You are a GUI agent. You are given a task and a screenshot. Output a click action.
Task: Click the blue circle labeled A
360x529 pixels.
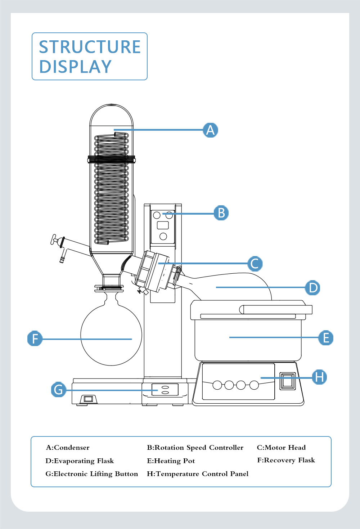[210, 130]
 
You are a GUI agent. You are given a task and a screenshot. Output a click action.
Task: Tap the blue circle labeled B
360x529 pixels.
[221, 213]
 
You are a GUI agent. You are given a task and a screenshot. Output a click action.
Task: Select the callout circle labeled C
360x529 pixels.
[255, 264]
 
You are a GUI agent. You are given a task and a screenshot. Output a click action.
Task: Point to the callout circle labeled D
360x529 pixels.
[312, 288]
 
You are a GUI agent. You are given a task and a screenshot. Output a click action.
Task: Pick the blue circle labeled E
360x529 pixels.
[326, 338]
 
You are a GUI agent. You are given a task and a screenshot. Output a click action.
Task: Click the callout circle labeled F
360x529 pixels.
[35, 339]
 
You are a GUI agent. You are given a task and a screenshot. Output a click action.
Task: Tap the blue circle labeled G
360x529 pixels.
[58, 390]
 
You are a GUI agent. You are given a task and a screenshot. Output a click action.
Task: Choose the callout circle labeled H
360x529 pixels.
[319, 377]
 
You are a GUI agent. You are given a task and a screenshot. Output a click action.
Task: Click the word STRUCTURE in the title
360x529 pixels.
[90, 47]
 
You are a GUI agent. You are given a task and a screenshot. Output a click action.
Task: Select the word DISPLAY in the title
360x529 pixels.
[75, 67]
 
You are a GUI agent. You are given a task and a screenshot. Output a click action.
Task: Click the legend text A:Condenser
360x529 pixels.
[68, 448]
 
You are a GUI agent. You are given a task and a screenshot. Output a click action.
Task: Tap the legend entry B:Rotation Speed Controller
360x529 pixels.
[195, 448]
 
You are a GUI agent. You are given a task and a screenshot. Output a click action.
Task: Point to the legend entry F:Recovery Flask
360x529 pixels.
[286, 460]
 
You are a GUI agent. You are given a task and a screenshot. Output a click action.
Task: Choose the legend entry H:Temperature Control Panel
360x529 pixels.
[198, 474]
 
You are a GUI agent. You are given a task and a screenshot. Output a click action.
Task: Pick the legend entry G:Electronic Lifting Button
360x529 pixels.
[91, 474]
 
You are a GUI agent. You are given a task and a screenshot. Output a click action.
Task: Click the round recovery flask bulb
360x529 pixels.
[111, 335]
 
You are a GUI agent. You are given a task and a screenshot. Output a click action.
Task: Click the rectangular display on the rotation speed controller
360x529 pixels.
[163, 225]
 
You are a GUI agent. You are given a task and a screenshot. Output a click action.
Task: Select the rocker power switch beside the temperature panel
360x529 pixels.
[288, 381]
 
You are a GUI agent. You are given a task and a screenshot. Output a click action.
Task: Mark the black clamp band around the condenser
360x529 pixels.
[111, 159]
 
